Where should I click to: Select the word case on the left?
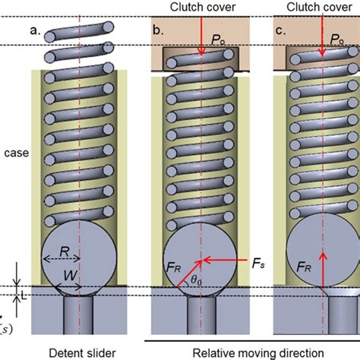[14, 153]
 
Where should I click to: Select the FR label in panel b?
[171, 267]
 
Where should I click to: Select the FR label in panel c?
[302, 267]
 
